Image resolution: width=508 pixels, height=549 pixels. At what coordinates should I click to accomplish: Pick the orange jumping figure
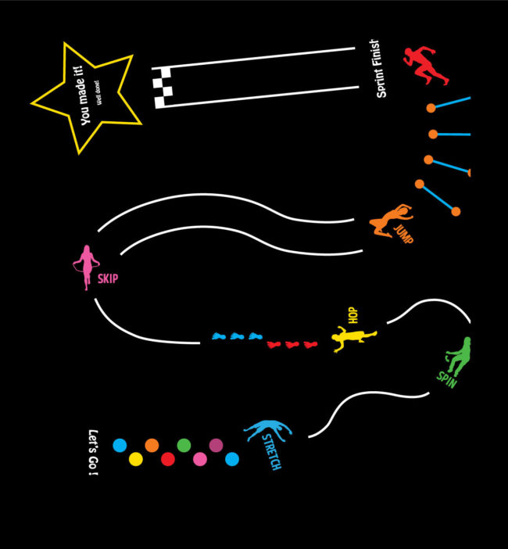coord(389,221)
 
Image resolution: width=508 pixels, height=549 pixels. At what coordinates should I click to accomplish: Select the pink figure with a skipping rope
coord(84,267)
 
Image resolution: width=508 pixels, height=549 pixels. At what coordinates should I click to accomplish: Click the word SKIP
coord(108,278)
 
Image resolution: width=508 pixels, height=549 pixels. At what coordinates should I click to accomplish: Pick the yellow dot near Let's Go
coord(135,459)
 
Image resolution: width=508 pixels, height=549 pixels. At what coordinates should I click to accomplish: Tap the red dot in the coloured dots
coord(167,459)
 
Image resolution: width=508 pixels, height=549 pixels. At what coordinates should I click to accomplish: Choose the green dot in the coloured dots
coord(184,445)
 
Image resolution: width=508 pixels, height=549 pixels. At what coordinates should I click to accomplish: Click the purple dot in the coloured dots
coord(216,445)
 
